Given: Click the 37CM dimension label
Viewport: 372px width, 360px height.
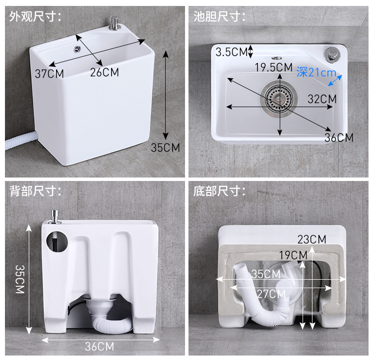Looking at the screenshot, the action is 49,74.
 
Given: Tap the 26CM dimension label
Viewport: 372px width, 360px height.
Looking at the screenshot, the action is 104,72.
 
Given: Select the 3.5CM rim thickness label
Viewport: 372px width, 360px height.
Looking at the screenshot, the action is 232,52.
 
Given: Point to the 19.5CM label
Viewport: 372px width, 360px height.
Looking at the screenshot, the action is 273,67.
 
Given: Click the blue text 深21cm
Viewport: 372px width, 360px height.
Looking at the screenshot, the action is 316,72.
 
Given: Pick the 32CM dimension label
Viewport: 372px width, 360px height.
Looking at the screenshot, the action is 322,99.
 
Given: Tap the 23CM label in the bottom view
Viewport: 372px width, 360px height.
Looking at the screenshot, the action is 312,240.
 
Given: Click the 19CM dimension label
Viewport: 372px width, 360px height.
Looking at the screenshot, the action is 293,255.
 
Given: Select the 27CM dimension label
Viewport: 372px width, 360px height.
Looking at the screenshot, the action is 271,294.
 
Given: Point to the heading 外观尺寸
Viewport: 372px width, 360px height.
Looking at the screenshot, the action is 35,16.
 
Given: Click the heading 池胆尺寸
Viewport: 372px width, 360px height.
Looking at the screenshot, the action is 219,16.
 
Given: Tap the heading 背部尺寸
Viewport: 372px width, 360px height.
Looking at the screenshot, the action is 35,191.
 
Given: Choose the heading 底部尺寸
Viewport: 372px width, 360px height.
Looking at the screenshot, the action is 219,191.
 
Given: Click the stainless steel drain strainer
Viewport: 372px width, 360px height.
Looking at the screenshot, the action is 279,98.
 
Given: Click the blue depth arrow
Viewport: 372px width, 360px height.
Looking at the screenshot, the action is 335,80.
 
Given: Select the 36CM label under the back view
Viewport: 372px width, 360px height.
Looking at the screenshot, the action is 99,347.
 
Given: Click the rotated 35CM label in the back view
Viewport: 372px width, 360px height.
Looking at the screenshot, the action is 20,279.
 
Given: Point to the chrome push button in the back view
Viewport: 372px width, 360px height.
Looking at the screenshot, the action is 55,217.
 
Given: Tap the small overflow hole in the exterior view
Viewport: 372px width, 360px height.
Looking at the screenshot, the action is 77,49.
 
